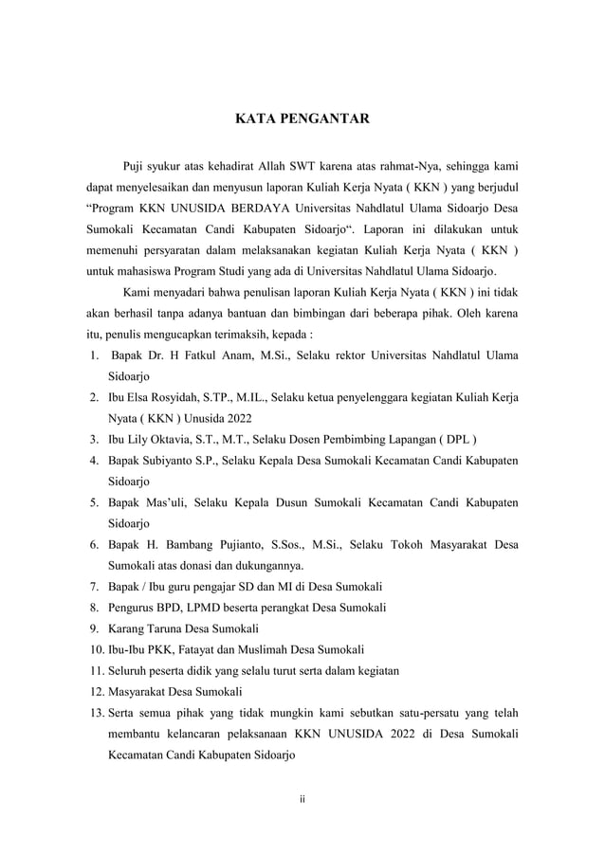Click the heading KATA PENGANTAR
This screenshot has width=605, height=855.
click(x=302, y=120)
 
